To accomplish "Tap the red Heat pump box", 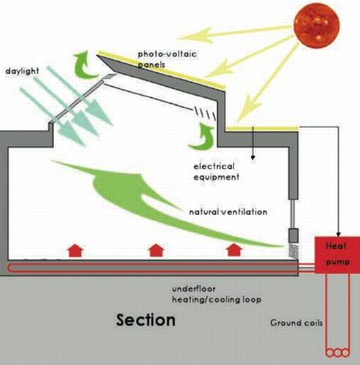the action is (337, 254).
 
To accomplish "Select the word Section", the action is (146, 320).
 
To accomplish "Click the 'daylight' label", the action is (22, 71).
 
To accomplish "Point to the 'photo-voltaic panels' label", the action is (166, 59).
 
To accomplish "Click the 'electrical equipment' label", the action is (216, 172).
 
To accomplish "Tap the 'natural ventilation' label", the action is (228, 212).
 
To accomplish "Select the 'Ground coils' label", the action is (296, 323).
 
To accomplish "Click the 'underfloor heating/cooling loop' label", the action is (216, 294).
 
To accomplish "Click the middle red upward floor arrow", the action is (157, 250).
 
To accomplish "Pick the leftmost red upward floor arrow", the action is (75, 250).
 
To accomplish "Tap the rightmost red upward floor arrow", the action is (234, 250).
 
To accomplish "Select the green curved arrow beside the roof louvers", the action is (203, 138).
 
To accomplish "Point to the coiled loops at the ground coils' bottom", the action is (337, 352).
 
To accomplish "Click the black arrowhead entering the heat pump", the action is (338, 234).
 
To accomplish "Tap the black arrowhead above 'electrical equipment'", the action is (253, 156).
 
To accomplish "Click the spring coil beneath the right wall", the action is (293, 251).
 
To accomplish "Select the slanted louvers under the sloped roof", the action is (205, 113).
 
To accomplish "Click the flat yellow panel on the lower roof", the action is (263, 129).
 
